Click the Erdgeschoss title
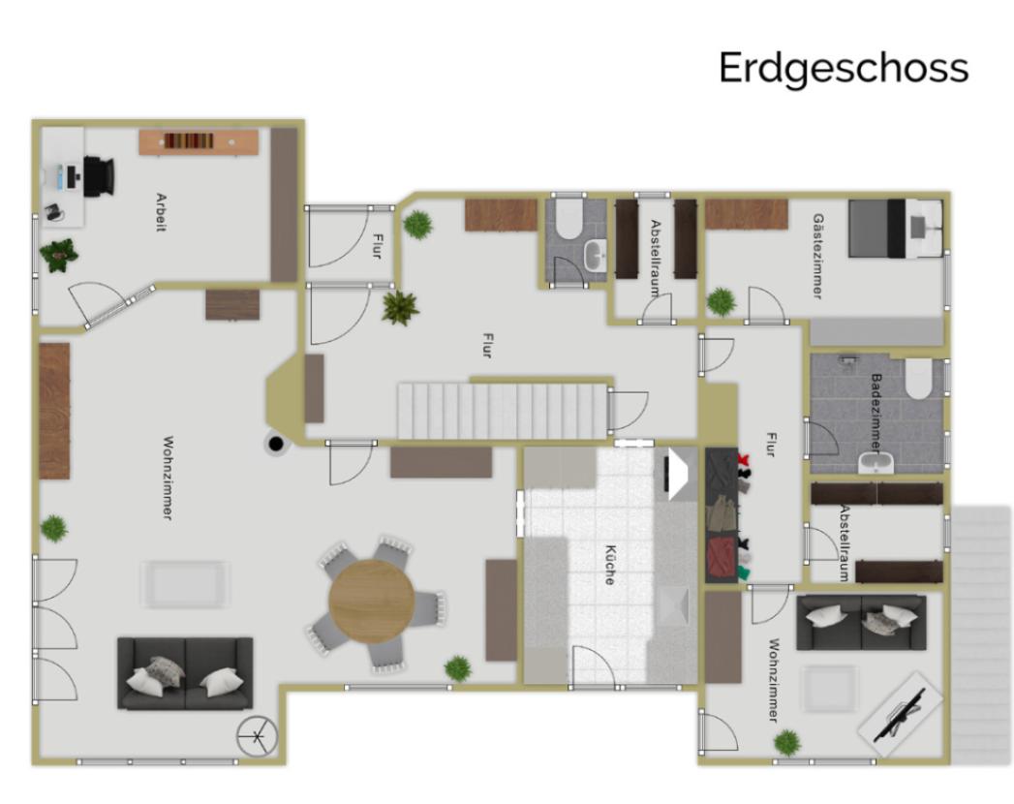pos(843,68)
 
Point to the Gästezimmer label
pos(818,256)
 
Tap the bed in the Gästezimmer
pos(894,229)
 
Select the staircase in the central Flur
pos(502,410)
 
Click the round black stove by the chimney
pos(277,445)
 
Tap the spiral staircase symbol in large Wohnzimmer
pos(257,738)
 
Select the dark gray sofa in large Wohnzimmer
pos(185,672)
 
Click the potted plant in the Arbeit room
pos(58,254)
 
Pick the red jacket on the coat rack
pos(722,558)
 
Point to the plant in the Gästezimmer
pos(721,301)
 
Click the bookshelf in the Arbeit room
pos(199,141)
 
